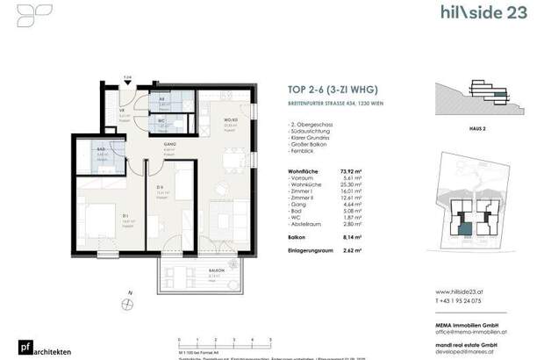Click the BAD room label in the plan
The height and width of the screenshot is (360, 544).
click(x=101, y=150)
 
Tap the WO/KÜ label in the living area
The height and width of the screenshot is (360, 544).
click(x=207, y=120)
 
